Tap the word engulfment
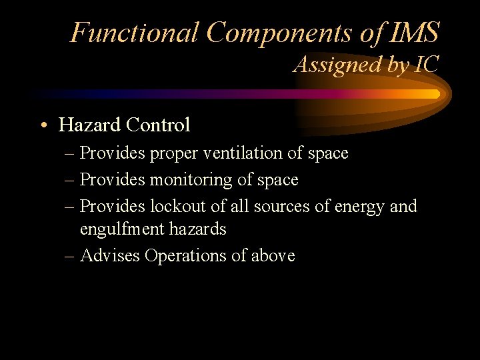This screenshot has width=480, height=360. tap(121, 229)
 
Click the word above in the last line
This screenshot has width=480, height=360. tap(272, 255)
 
